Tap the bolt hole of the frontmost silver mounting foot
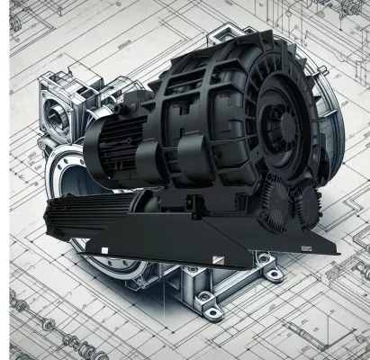pos(212,312)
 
